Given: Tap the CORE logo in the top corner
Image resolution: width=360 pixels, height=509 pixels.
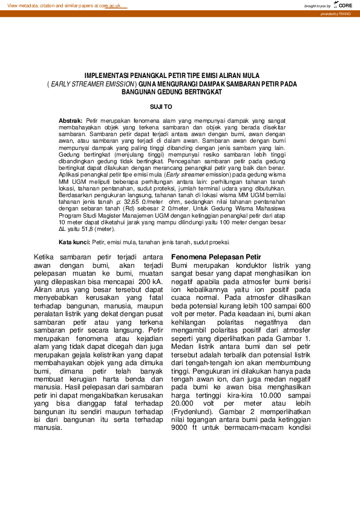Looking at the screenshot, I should (x=344, y=5).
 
